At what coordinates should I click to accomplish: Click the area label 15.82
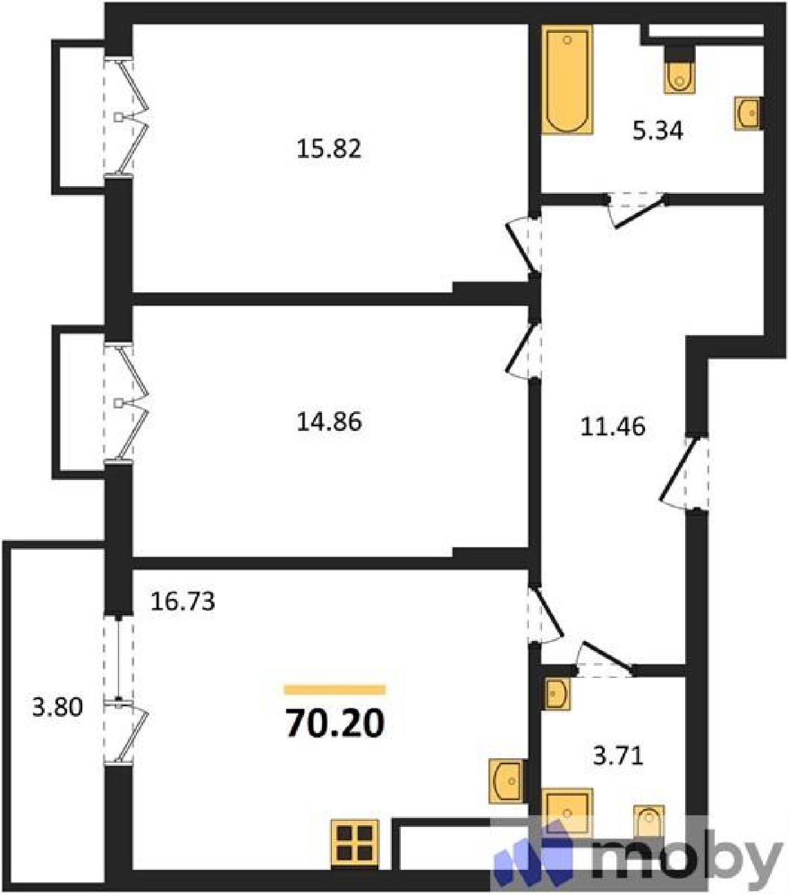click(x=329, y=149)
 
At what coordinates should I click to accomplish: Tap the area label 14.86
click(x=329, y=421)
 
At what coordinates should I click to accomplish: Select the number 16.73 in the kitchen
click(x=183, y=601)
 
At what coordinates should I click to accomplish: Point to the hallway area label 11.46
click(x=613, y=426)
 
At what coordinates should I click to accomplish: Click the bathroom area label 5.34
click(x=658, y=131)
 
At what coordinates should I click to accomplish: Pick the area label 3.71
click(x=618, y=756)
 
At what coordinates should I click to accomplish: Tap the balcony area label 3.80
click(x=58, y=707)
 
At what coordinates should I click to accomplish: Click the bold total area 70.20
click(x=335, y=724)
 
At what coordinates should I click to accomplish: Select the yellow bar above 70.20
click(x=335, y=689)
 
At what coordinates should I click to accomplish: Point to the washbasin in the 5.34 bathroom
click(x=747, y=113)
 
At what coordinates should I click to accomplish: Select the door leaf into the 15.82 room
click(x=521, y=249)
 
